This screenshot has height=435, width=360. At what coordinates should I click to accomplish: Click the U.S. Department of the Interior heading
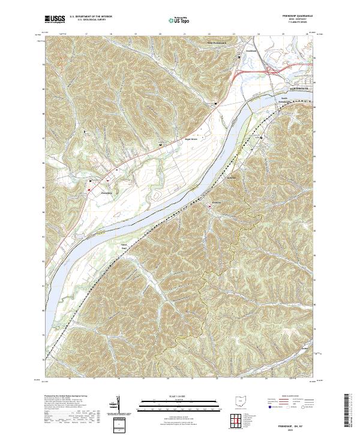pyautogui.click(x=91, y=17)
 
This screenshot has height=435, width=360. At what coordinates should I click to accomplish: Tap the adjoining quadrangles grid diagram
pyautogui.click(x=239, y=420)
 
